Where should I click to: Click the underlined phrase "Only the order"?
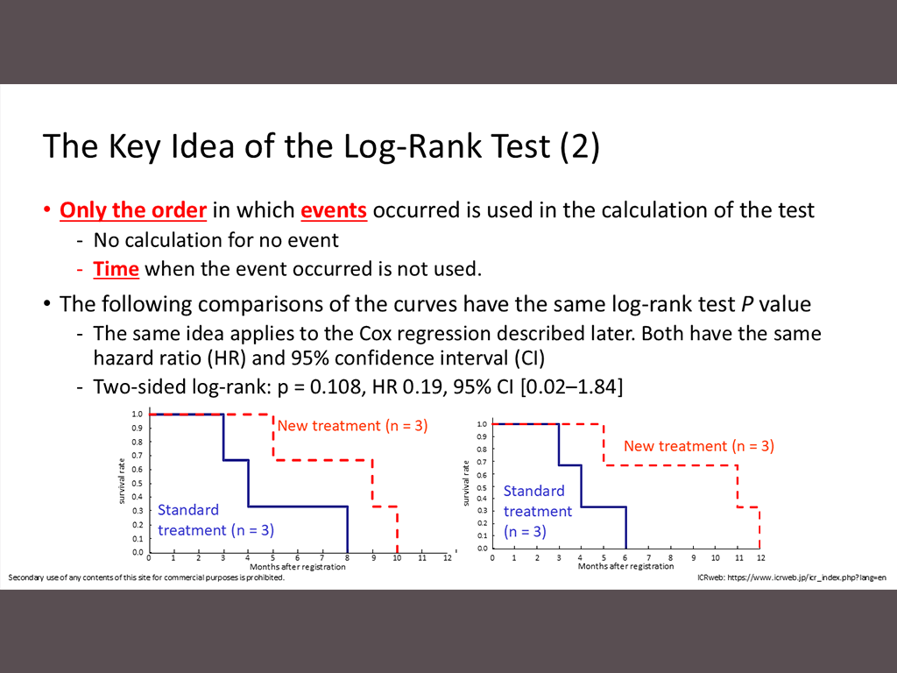point(133,210)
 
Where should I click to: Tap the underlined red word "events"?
point(334,210)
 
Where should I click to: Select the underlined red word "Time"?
point(117,269)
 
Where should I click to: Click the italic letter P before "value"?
point(747,304)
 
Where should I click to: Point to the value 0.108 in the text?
point(335,386)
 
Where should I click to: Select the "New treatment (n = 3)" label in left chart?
point(352,426)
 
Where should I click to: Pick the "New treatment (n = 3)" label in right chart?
point(698,446)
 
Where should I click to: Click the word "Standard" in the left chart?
point(188,510)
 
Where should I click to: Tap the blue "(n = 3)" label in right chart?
point(525,532)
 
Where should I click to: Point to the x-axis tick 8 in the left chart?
point(347,558)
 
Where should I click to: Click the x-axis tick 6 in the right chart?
point(625,557)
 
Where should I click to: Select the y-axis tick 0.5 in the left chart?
point(138,484)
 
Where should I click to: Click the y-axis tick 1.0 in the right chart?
point(482,424)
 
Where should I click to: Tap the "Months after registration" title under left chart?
point(298,567)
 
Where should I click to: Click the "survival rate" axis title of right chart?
point(466,483)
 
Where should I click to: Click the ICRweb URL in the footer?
point(807,577)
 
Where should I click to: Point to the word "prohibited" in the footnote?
point(265,577)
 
